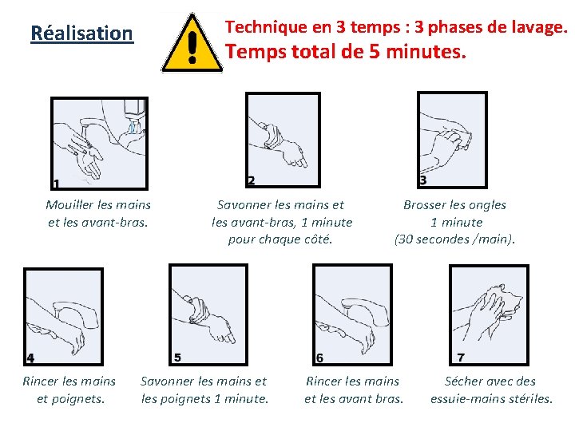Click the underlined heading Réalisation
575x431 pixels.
(81, 34)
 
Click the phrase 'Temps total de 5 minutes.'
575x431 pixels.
(345, 53)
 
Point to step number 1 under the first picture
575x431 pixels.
(56, 184)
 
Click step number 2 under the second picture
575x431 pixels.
(251, 181)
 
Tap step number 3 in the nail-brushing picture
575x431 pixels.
(422, 180)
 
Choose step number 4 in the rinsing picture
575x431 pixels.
(30, 358)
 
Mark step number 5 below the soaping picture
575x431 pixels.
(177, 357)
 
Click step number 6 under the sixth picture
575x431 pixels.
(319, 358)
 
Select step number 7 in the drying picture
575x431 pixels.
(461, 357)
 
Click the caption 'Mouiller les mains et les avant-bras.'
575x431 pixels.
(98, 213)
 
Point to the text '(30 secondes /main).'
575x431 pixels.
(454, 239)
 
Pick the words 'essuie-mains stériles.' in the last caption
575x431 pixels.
(491, 398)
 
